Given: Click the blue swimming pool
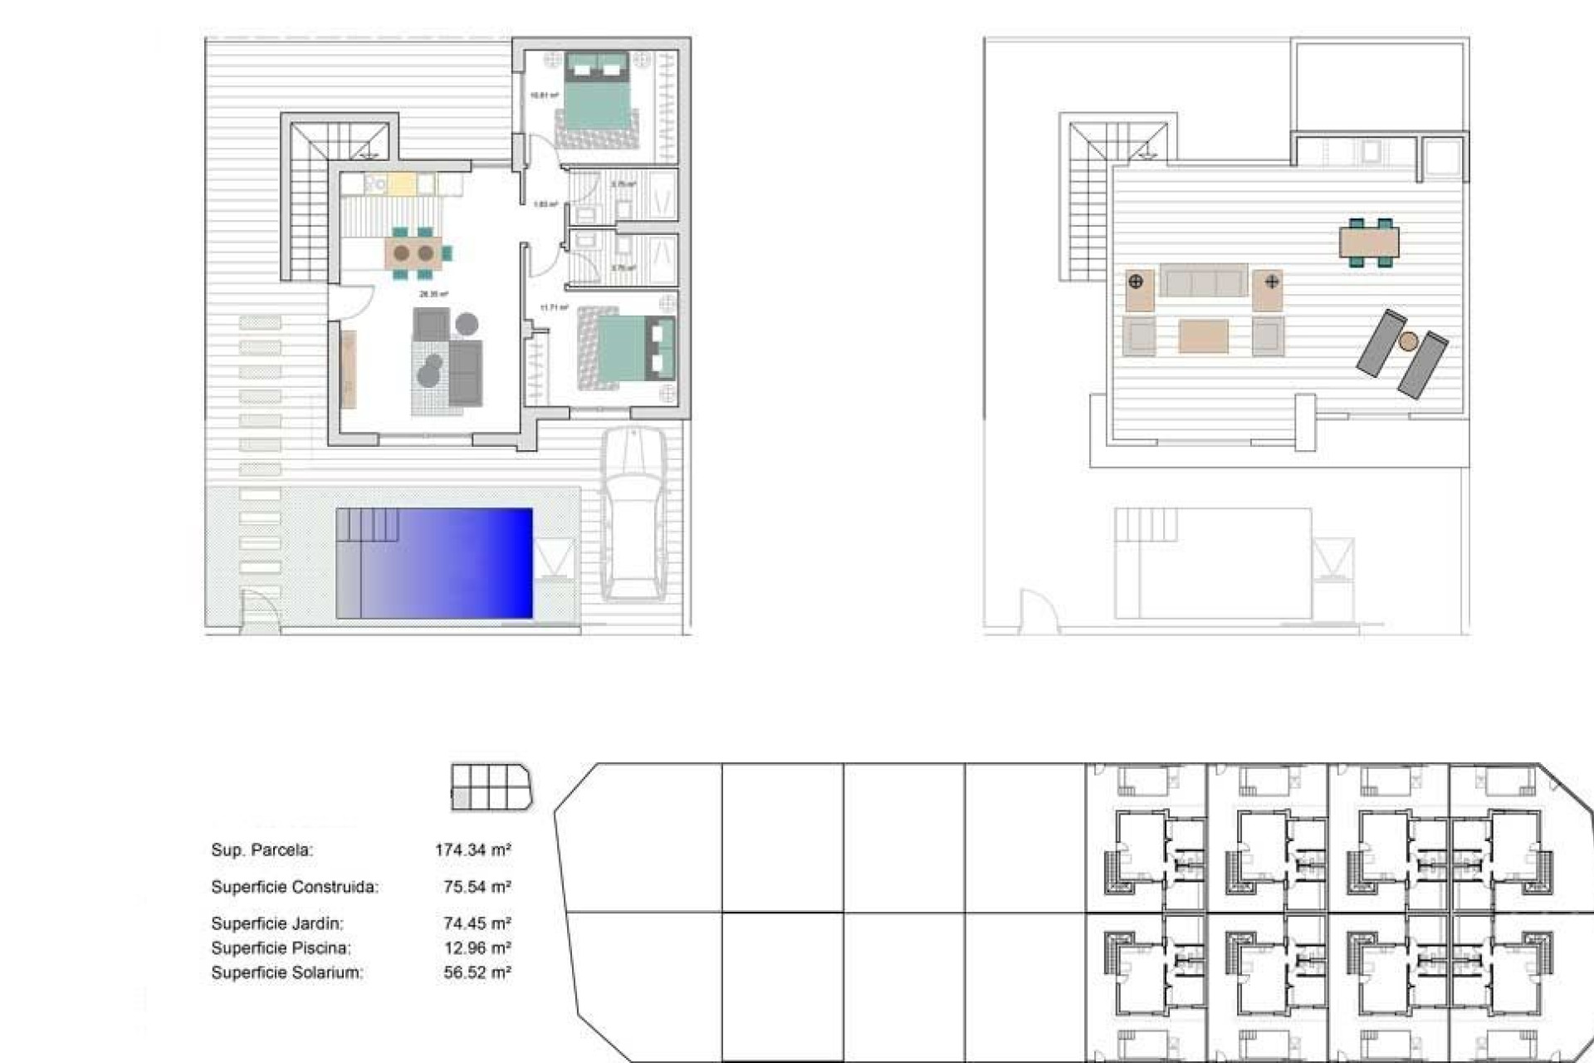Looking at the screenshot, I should click(434, 563).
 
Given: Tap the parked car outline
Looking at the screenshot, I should click(633, 515).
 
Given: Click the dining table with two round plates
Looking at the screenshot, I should click(413, 252).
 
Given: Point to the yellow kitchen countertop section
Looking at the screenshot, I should click(401, 184).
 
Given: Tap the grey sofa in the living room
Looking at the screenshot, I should click(464, 372).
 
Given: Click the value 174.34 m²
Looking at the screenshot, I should click(472, 850).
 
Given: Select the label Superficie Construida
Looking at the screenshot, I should click(295, 886).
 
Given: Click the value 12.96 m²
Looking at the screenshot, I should click(477, 948).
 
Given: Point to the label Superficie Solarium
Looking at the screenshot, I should click(287, 972).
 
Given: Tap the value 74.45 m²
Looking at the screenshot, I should click(477, 923).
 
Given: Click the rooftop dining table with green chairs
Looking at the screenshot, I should click(1369, 242).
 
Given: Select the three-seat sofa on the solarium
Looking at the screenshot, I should click(1203, 281).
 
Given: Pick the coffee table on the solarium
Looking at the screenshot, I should click(1203, 336).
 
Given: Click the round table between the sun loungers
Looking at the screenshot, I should click(1408, 340).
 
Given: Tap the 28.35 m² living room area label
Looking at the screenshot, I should click(433, 294).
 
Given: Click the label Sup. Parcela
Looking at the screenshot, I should click(262, 850).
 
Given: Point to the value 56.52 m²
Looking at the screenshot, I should click(477, 972).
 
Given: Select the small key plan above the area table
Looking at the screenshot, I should click(491, 786).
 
